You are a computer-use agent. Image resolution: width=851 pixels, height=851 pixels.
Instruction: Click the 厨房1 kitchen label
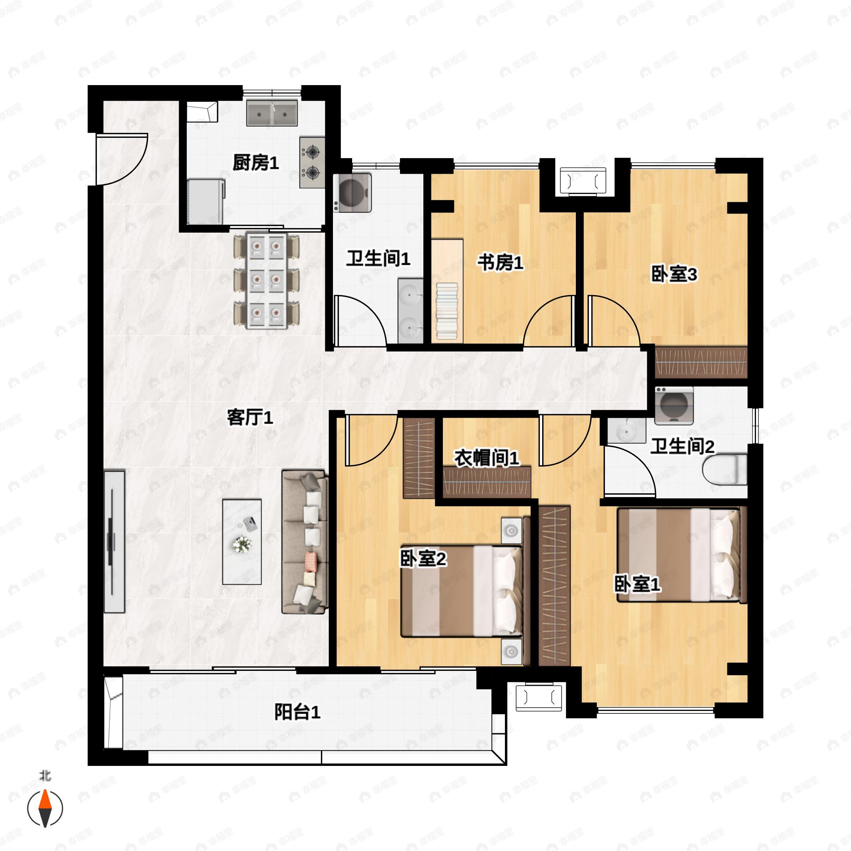coord(255,163)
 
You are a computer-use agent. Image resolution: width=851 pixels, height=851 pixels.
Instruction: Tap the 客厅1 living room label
coord(250,417)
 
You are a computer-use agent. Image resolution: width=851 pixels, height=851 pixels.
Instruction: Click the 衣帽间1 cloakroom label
coord(487,458)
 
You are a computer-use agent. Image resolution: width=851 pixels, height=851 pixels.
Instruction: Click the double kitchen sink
coord(272,113)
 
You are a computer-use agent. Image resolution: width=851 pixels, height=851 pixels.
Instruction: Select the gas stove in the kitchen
coord(312,162)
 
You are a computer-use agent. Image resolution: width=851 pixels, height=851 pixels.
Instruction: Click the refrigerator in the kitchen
coord(206,202)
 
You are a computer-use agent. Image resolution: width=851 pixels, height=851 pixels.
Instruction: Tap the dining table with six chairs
coord(267,280)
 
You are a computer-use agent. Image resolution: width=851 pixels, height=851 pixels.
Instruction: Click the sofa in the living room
coord(305,541)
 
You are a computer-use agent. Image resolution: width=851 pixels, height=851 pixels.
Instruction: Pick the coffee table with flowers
coord(242,541)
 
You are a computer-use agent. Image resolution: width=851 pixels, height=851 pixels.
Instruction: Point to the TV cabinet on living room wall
coord(114,541)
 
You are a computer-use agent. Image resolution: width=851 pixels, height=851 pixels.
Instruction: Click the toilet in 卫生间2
coord(724,470)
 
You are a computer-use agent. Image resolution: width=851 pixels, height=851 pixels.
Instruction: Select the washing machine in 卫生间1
coord(352,193)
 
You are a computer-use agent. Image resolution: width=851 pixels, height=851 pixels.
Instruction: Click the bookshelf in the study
coord(447,291)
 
